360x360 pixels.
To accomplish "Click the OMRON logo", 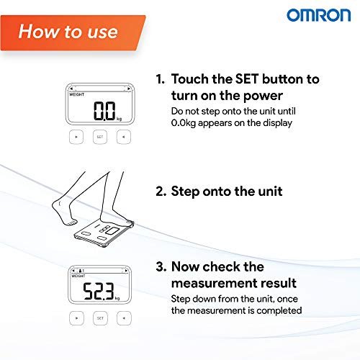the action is coord(319,15).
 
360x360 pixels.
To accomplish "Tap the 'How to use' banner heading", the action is coord(68,32).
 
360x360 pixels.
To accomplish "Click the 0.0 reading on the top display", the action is coord(104,111).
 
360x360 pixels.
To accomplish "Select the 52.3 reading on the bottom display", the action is coord(99,291).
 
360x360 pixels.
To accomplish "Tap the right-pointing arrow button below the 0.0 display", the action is coord(76,137).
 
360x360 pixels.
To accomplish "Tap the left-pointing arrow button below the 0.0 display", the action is coord(124,137).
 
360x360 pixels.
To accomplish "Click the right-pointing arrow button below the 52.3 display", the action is coord(76,318).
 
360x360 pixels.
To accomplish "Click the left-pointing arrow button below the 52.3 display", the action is coord(124,318).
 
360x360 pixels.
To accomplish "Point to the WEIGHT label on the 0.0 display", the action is coord(76,94).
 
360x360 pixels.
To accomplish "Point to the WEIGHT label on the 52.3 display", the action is coord(78,276).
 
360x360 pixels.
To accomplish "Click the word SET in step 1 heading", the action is coord(247,79).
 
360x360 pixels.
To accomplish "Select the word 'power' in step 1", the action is coord(263,96).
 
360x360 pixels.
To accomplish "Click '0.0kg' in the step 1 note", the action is coord(184,123).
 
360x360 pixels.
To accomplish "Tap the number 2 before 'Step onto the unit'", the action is coord(160,192).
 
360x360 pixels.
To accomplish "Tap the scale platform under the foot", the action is coord(104,233).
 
